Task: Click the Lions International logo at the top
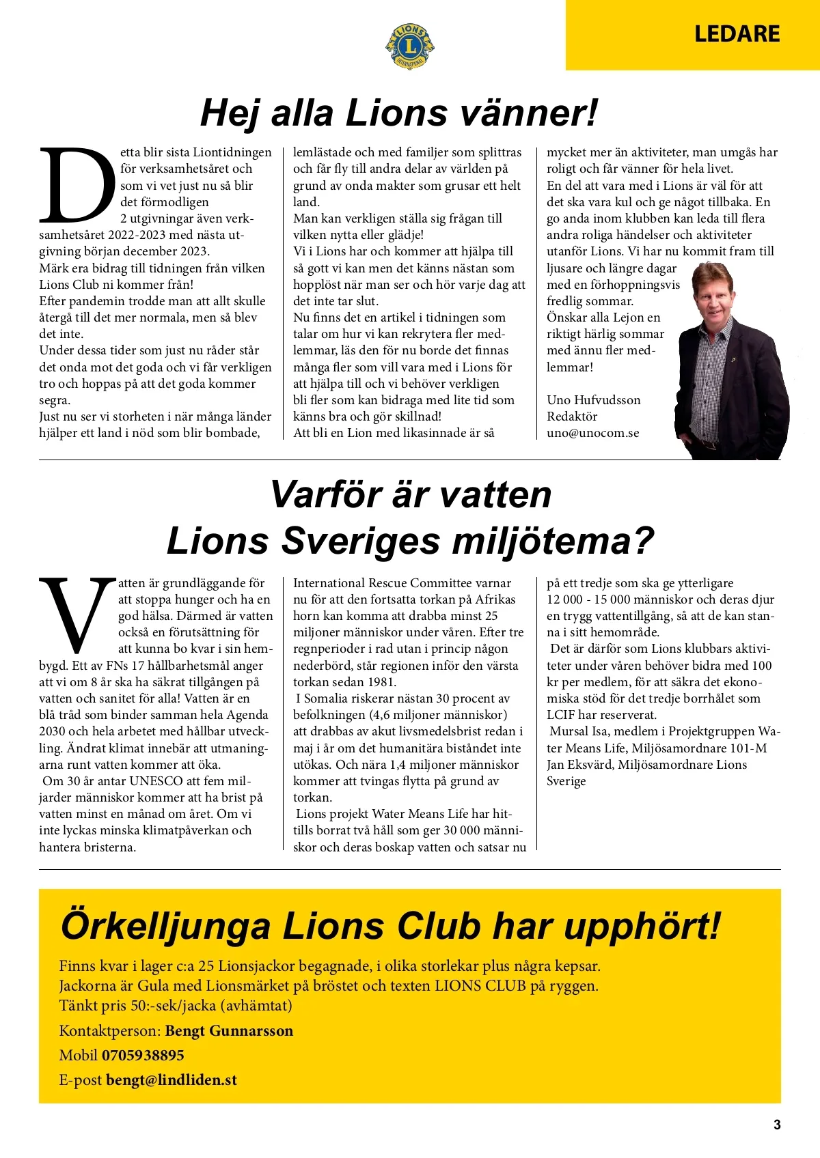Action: (410, 46)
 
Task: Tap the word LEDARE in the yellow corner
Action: (737, 34)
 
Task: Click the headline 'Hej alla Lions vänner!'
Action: (399, 113)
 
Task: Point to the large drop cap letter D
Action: (77, 185)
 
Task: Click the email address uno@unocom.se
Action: (592, 433)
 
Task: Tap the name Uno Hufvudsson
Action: (593, 400)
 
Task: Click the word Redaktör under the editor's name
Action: (572, 416)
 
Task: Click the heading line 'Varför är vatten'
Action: (411, 494)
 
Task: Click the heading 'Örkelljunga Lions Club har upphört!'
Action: (391, 926)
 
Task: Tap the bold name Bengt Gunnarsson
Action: (229, 1031)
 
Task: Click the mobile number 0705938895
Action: (143, 1056)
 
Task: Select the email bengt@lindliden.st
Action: (172, 1080)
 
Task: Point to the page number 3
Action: (776, 1125)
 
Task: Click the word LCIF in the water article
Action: (562, 715)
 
